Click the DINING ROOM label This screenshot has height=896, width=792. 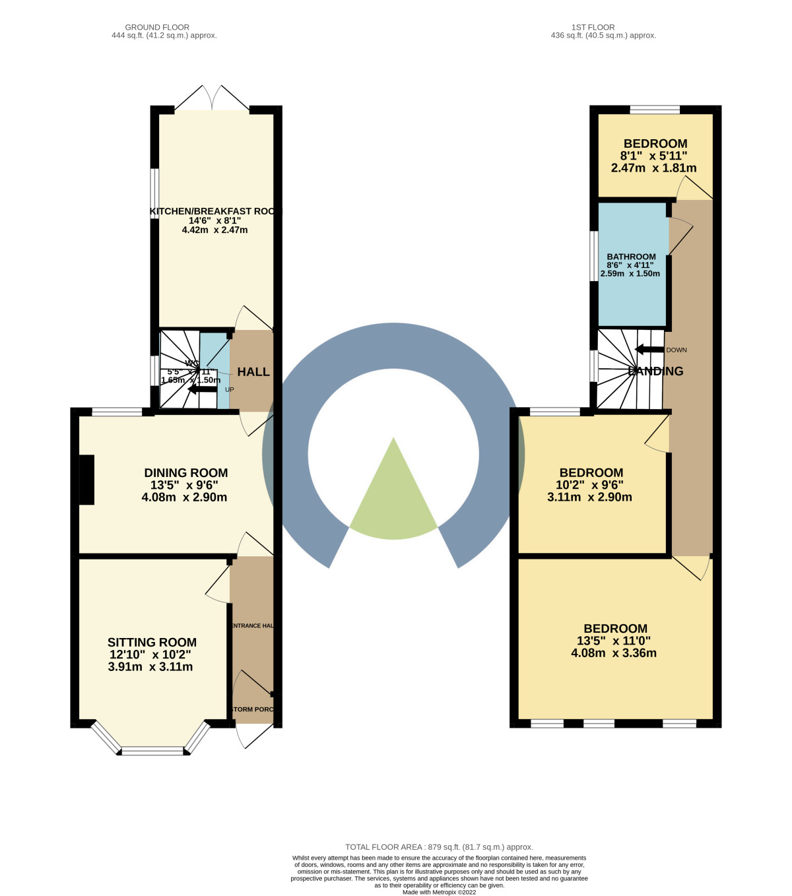tap(185, 473)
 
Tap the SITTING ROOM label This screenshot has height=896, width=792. tap(152, 643)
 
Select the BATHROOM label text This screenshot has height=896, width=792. tap(631, 257)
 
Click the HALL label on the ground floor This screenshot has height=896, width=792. tap(253, 372)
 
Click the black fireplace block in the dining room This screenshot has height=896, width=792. tap(86, 480)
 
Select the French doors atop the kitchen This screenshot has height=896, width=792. tap(213, 99)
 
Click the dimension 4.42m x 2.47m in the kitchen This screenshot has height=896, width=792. tap(214, 230)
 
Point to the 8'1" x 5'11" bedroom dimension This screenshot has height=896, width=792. tap(653, 156)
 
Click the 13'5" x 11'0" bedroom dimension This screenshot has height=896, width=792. tap(614, 641)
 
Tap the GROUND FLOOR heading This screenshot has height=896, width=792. tap(157, 27)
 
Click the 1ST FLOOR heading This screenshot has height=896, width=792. tap(593, 27)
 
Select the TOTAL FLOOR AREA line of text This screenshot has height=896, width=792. tap(439, 847)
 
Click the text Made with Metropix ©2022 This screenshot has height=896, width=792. tap(439, 892)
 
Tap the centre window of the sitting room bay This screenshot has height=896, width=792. tap(153, 750)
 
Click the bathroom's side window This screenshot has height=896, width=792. tap(593, 255)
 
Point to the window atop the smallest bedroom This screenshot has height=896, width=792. tap(654, 110)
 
